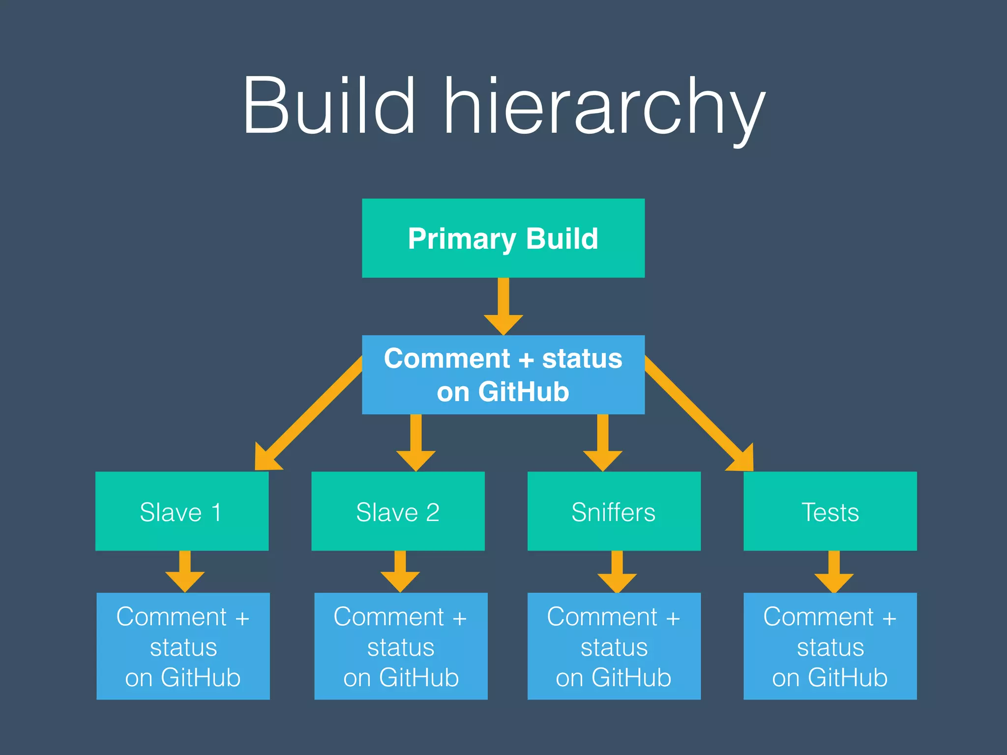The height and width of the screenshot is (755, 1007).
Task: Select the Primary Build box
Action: [503, 238]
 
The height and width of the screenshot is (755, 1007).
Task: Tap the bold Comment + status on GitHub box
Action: [503, 375]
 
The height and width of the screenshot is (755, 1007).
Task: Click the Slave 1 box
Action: [182, 511]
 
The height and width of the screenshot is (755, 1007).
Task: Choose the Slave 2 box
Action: [398, 511]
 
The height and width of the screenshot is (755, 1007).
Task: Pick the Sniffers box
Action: [614, 511]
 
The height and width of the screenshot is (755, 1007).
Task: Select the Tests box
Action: [830, 511]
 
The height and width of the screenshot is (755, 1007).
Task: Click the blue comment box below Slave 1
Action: [183, 646]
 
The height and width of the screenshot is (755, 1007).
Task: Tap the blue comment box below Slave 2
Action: [401, 646]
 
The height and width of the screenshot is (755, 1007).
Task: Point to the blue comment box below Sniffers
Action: [614, 646]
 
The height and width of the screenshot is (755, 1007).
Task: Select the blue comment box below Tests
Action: [830, 646]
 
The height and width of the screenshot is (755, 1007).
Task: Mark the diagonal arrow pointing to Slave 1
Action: [310, 413]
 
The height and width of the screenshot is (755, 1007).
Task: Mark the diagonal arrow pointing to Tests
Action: [698, 413]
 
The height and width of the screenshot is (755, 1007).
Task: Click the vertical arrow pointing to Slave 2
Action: [416, 442]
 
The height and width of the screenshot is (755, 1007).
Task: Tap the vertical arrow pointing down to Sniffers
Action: [603, 442]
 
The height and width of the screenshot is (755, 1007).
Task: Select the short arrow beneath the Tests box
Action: [834, 573]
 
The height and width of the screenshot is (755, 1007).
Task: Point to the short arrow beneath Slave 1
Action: [185, 573]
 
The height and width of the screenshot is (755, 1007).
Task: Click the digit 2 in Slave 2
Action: [432, 512]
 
